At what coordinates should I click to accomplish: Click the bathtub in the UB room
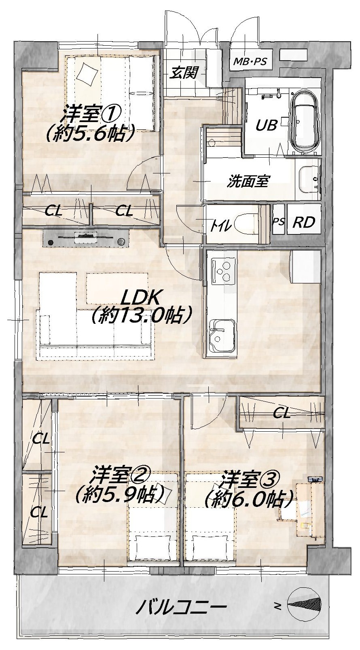[x=305, y=121]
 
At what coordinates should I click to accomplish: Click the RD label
[x=304, y=222]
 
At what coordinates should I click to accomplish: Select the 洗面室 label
[x=248, y=181]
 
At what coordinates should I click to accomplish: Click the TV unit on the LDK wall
[x=86, y=238]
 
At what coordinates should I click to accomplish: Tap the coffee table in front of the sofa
[x=117, y=289]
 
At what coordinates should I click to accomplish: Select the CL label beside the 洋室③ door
[x=282, y=414]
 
